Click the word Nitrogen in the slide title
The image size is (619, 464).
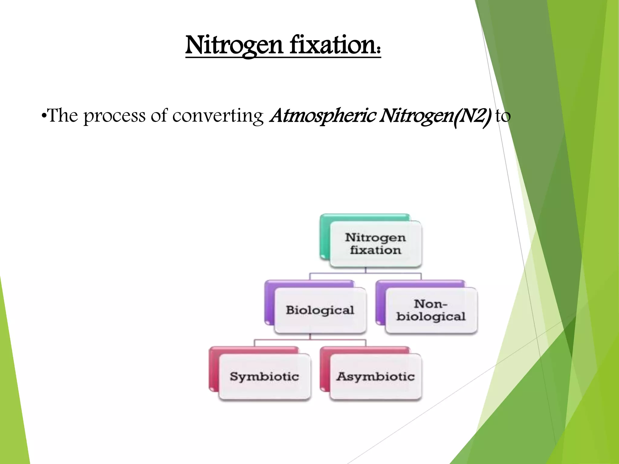coord(234,45)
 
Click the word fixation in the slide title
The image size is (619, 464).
coord(334,45)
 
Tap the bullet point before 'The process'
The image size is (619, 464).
coord(44,116)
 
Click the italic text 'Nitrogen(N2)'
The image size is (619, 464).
coord(435,116)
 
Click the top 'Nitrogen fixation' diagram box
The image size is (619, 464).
coord(375,244)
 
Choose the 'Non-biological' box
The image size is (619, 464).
coord(431,311)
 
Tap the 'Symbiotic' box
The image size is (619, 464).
coord(264,377)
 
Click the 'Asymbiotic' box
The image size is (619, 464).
coord(375,377)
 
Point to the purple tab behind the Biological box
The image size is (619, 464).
coord(269,302)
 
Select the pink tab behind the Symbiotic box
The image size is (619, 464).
coord(213,369)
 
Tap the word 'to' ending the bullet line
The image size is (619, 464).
coord(503,116)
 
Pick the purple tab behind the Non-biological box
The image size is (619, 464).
coord(380,302)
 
